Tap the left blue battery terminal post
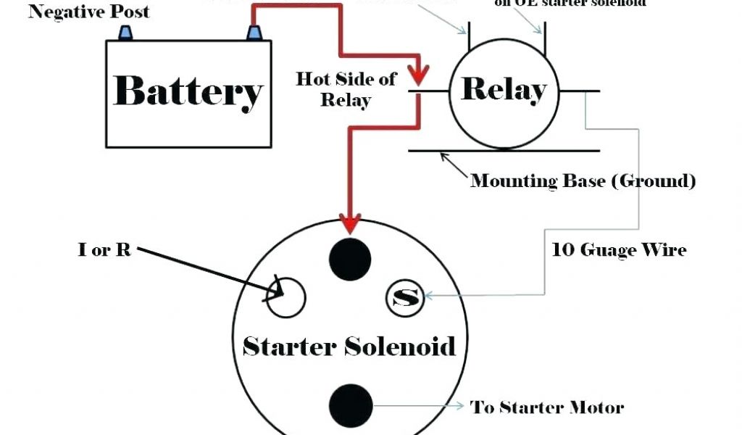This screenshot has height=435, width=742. tap(125, 33)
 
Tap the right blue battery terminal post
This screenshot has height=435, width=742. tap(254, 33)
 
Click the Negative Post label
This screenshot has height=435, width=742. tap(88, 12)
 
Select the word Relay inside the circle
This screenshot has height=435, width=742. tap(504, 90)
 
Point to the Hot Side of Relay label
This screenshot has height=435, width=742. tap(346, 89)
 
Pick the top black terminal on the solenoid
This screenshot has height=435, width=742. tap(351, 258)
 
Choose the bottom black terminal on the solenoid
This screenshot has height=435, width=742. tap(351, 406)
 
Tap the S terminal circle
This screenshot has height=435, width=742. tap(405, 297)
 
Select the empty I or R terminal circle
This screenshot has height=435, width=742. tap(286, 297)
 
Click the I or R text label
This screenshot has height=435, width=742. tap(104, 249)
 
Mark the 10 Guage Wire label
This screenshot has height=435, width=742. tap(619, 250)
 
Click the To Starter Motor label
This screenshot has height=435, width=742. tap(547, 407)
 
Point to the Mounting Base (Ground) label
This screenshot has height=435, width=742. tap(583, 181)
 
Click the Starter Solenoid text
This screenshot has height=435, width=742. tap(349, 346)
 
